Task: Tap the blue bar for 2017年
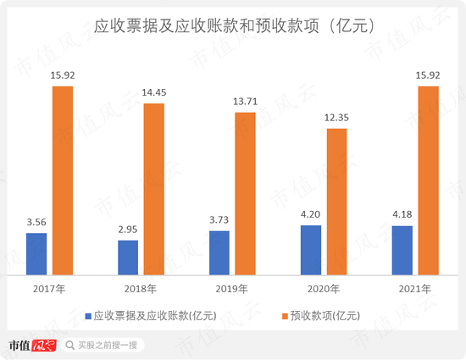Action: [x=36, y=254]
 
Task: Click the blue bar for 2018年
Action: [x=128, y=258]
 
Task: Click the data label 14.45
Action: [x=153, y=92]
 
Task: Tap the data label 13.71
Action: [x=245, y=101]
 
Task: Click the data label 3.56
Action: [x=36, y=222]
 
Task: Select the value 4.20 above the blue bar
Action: [x=311, y=214]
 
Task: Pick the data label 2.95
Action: [x=128, y=230]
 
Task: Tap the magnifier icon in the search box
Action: [x=70, y=345]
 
